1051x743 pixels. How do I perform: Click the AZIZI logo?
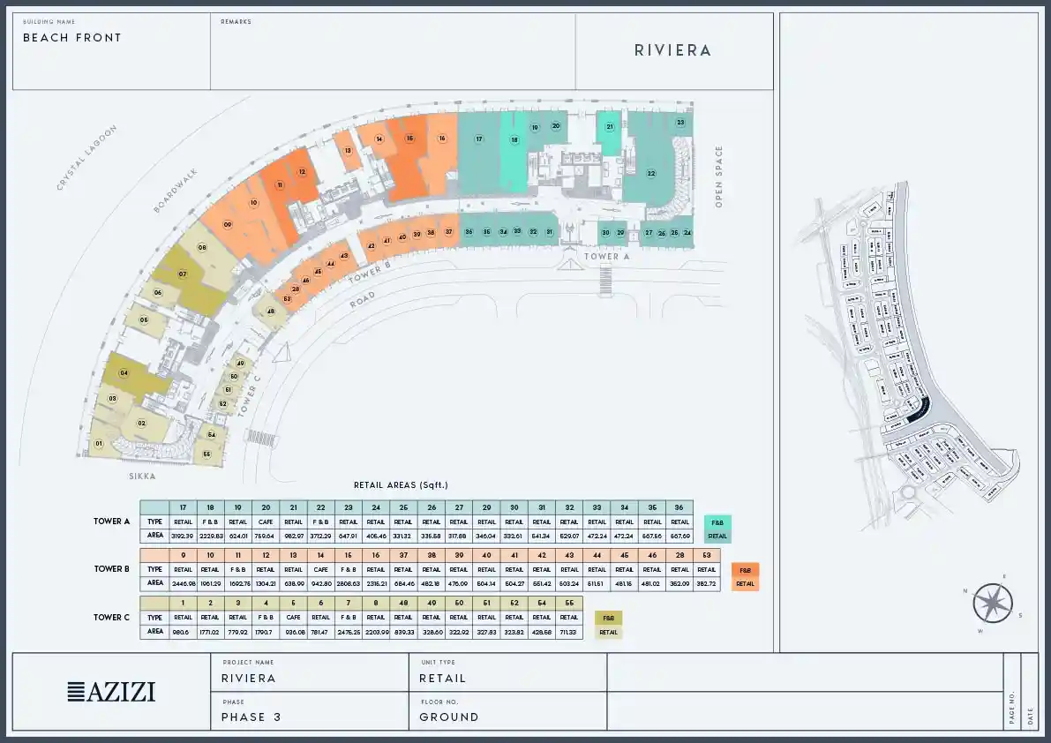click(111, 692)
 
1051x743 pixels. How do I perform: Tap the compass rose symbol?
click(993, 604)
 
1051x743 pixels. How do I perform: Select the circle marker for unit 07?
click(183, 274)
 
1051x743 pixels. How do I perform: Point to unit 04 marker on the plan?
click(124, 373)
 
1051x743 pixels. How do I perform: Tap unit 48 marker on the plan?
click(271, 311)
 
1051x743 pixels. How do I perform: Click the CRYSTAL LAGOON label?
click(86, 158)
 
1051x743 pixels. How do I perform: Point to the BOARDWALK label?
click(176, 190)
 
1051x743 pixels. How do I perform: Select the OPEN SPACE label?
click(719, 176)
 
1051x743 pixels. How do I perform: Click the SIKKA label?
click(141, 477)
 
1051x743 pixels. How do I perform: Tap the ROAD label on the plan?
click(362, 300)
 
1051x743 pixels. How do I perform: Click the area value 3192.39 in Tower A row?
click(183, 535)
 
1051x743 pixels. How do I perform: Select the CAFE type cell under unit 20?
click(266, 522)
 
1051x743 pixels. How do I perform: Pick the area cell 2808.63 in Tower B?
click(349, 582)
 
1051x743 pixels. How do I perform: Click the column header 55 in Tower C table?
click(569, 604)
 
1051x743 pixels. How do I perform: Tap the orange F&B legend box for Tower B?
click(745, 570)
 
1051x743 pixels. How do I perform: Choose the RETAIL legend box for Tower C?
click(608, 632)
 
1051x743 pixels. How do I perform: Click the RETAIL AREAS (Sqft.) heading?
click(401, 485)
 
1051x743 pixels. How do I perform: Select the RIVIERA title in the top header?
click(672, 50)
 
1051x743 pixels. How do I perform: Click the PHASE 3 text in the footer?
click(251, 717)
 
